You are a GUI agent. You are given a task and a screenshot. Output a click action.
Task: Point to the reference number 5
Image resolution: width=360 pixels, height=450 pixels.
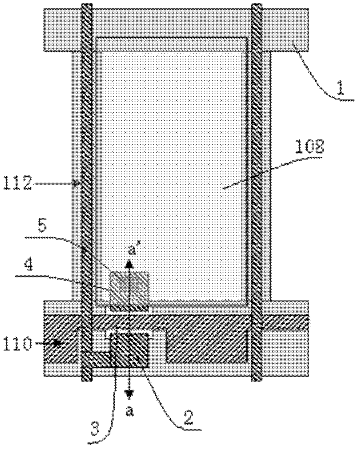coord(42,226)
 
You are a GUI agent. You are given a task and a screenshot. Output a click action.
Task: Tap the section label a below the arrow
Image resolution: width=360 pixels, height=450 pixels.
coord(130,412)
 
